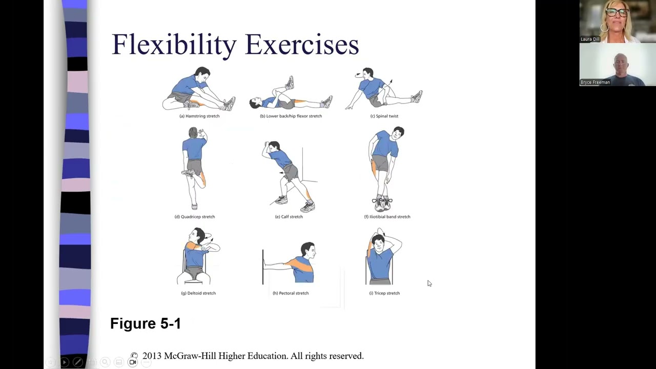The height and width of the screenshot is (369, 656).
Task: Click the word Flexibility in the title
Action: click(174, 45)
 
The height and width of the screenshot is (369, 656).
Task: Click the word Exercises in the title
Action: click(302, 44)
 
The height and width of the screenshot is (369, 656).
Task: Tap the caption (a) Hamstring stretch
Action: click(199, 116)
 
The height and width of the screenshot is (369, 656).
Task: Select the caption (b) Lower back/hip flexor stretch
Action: click(291, 116)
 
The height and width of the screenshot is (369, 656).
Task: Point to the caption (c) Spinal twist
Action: click(384, 116)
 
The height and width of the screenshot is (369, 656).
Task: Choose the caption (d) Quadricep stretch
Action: click(195, 217)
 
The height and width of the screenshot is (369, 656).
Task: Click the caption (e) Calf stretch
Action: click(289, 217)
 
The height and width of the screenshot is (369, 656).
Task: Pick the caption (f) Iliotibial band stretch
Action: click(387, 217)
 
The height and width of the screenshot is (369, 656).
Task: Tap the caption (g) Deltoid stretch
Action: click(198, 293)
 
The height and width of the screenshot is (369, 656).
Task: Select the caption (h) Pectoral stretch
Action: click(291, 293)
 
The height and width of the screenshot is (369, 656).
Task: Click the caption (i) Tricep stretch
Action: click(384, 293)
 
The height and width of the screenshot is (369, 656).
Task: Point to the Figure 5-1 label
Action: click(146, 323)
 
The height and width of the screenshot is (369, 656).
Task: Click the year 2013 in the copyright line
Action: click(152, 356)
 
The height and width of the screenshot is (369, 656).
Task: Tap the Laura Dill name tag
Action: click(590, 39)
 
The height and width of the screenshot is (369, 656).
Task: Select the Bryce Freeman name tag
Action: click(595, 83)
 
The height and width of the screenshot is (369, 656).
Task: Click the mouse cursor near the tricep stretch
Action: click(429, 283)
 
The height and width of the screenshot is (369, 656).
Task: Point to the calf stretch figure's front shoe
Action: click(281, 200)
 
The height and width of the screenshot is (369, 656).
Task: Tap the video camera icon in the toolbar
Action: click(133, 362)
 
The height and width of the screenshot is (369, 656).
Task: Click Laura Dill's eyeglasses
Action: click(617, 12)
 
